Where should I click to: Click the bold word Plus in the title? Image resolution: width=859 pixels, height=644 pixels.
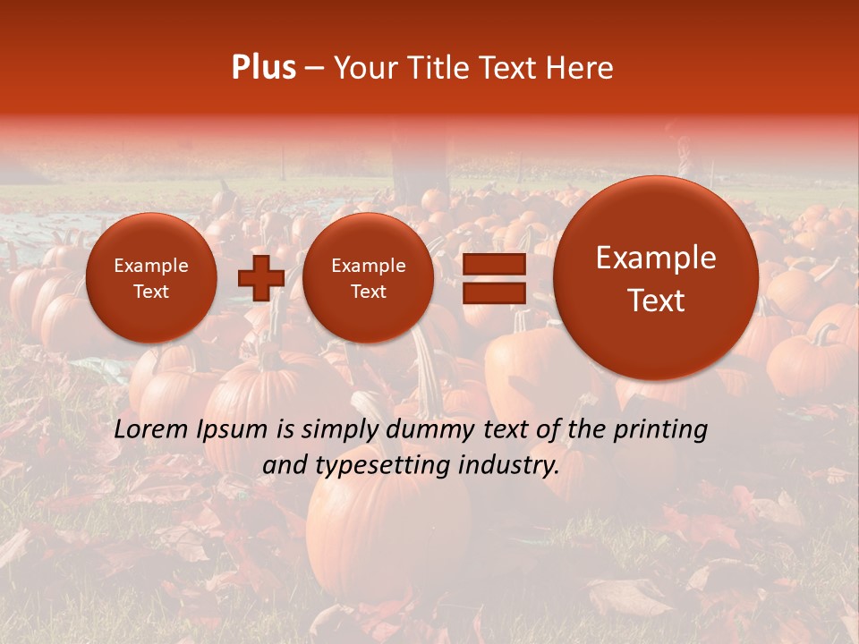click(263, 68)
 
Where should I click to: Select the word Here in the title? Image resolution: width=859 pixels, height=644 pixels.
click(581, 68)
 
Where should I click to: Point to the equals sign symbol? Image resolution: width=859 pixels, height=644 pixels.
click(493, 279)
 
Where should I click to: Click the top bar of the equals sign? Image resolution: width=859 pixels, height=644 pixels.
click(493, 265)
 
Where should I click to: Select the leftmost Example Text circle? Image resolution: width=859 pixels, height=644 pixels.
click(151, 278)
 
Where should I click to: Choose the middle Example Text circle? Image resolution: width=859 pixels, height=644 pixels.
click(368, 278)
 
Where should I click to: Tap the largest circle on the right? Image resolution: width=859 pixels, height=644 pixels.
click(656, 278)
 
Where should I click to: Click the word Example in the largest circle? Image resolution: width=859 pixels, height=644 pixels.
click(656, 258)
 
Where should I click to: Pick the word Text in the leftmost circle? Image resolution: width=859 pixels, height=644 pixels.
click(151, 292)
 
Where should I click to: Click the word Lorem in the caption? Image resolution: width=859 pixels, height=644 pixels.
click(150, 429)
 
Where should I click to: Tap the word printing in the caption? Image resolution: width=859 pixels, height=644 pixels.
click(660, 430)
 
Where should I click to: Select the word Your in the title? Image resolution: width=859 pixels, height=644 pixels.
click(364, 68)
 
